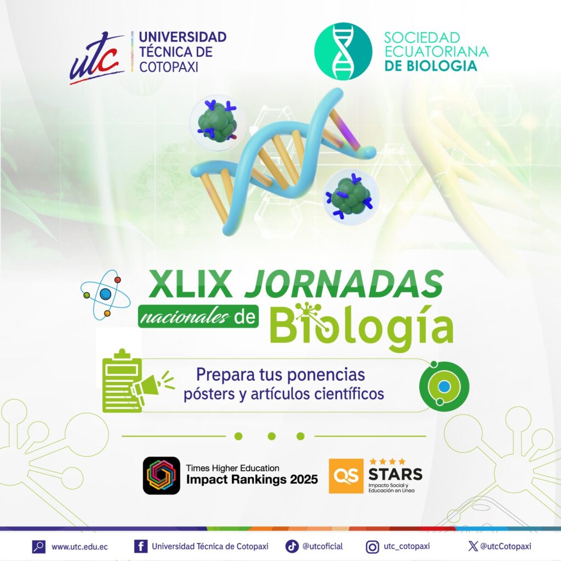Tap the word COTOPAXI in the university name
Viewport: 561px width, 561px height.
[x=169, y=67]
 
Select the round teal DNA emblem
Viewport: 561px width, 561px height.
[x=343, y=51]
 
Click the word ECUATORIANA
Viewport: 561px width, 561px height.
[x=437, y=51]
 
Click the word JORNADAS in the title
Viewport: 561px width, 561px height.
[x=344, y=284]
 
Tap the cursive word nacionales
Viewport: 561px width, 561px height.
[x=185, y=317]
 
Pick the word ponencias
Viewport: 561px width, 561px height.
[x=326, y=375]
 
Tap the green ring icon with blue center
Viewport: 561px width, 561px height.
[x=444, y=386]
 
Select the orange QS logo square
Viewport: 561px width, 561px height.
[x=346, y=476]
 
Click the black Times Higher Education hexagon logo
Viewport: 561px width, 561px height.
[x=162, y=476]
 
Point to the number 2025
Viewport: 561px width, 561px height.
[x=304, y=479]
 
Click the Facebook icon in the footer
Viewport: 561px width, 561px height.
[x=141, y=546]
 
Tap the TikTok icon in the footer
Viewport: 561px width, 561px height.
[x=291, y=546]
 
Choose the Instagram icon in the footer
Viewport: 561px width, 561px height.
[x=372, y=547]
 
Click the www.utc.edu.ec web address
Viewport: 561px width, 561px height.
[x=79, y=547]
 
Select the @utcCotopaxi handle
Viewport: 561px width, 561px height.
[x=506, y=546]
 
